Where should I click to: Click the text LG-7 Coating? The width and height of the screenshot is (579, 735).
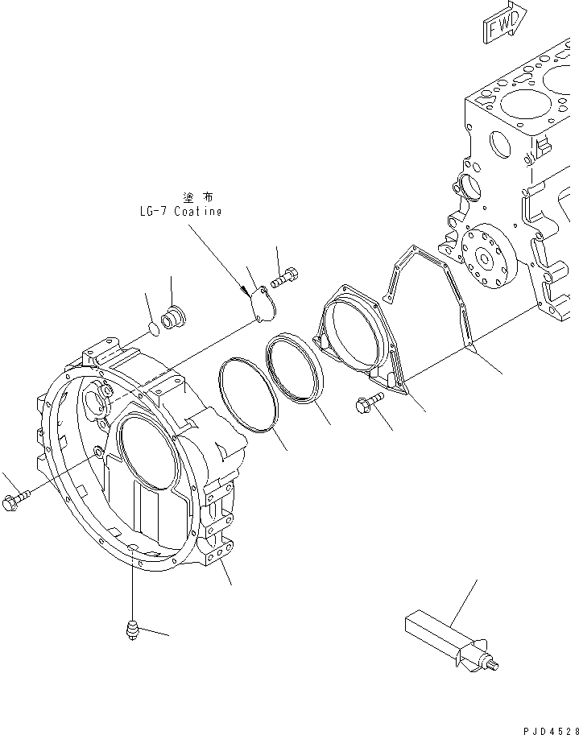(x=179, y=212)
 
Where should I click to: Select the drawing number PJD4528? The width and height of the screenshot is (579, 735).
(x=547, y=729)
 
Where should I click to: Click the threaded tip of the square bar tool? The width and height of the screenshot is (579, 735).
(x=494, y=663)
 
